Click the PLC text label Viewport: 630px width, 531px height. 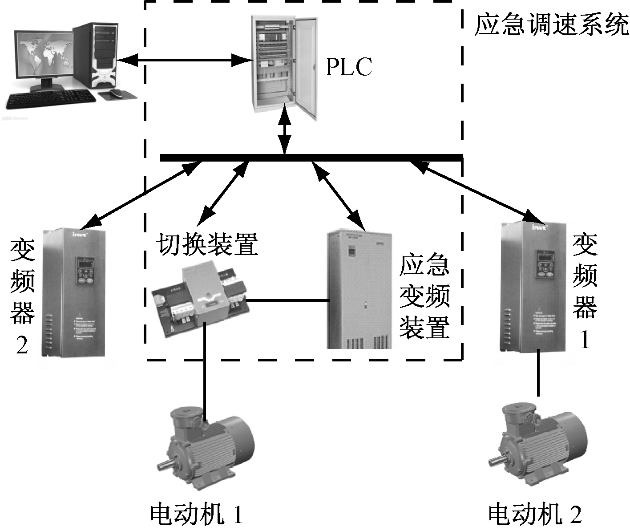point(348,67)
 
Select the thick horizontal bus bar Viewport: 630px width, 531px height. point(311,158)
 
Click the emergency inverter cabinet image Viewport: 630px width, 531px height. point(359,289)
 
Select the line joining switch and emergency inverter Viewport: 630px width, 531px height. point(287,301)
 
